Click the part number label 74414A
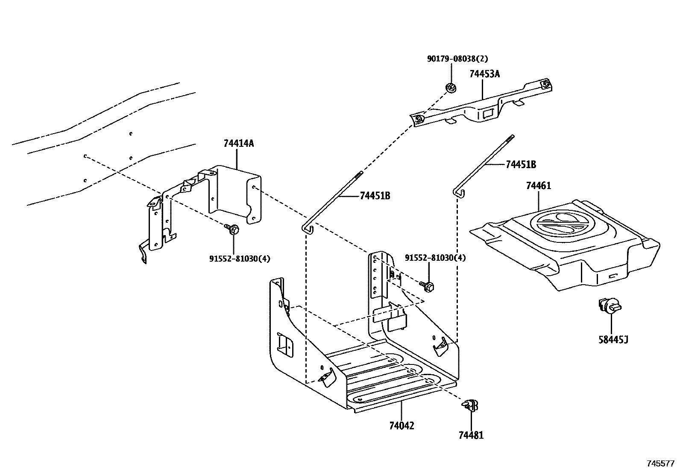[238, 143]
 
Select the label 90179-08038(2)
[457, 59]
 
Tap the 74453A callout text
[484, 74]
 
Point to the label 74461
[538, 186]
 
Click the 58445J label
[613, 340]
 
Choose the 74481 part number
[471, 435]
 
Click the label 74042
[402, 425]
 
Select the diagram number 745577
[659, 463]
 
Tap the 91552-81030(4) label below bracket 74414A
[240, 258]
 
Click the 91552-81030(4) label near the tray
[435, 258]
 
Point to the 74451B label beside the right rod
[521, 165]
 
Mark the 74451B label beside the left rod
[375, 196]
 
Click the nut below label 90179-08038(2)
[450, 88]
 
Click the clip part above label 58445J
[609, 306]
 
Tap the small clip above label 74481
[470, 405]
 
